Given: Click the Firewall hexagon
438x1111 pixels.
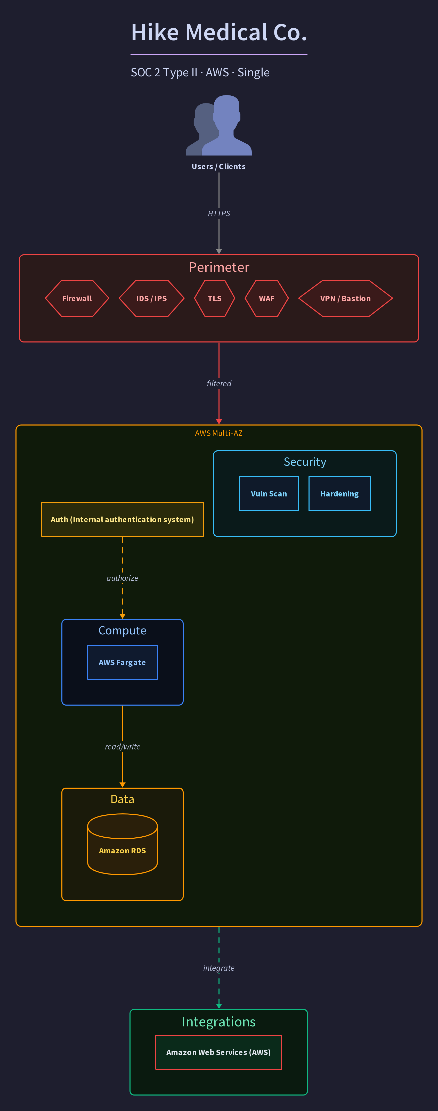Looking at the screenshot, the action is pyautogui.click(x=77, y=298).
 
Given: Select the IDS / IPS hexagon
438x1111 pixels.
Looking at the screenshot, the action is pyautogui.click(x=151, y=298).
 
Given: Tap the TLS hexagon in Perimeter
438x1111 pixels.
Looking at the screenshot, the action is pyautogui.click(x=214, y=298).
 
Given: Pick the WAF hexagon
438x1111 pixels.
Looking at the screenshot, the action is pyautogui.click(x=267, y=298).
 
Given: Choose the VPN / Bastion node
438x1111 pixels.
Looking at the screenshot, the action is pyautogui.click(x=345, y=298).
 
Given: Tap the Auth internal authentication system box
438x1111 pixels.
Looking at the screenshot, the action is pyautogui.click(x=123, y=519).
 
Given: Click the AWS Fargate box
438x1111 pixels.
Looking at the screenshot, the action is pyautogui.click(x=123, y=662).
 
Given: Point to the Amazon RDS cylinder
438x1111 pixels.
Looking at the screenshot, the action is pyautogui.click(x=123, y=844).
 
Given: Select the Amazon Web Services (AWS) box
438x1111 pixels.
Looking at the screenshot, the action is pyautogui.click(x=219, y=1052).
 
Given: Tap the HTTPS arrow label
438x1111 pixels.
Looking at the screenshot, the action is pyautogui.click(x=219, y=214).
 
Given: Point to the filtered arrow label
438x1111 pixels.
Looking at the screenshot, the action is pyautogui.click(x=219, y=383).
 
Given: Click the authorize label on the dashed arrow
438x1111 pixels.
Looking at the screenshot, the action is pyautogui.click(x=123, y=578).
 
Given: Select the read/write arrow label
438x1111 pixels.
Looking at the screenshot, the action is pyautogui.click(x=123, y=747).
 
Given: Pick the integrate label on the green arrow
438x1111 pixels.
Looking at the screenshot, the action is pyautogui.click(x=219, y=968).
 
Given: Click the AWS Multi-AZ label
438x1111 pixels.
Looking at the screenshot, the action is pyautogui.click(x=219, y=433).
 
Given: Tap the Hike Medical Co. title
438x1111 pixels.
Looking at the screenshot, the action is pyautogui.click(x=219, y=32).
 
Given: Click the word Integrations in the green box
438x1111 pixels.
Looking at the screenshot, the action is pyautogui.click(x=219, y=1022).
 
